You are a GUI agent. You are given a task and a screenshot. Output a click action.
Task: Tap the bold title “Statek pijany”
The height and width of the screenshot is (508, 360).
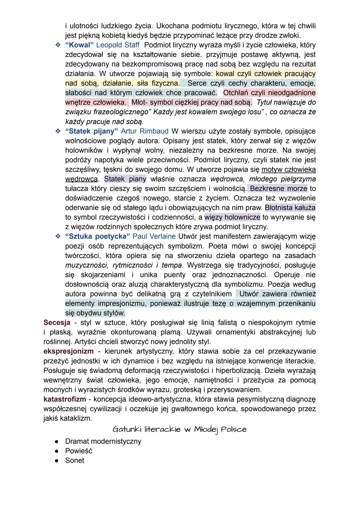pos(91,131)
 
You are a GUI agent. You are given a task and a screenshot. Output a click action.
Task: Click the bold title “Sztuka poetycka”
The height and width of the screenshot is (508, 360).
pos(97,237)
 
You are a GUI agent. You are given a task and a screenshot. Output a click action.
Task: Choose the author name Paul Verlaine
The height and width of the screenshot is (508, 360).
pos(154,237)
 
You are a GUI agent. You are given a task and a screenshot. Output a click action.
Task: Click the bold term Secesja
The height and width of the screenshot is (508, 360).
pos(57,323)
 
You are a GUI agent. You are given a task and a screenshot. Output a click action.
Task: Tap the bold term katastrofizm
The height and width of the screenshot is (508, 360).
pos(65,399)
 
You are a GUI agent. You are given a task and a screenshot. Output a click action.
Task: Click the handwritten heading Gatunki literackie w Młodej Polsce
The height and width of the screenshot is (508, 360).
pos(180,429)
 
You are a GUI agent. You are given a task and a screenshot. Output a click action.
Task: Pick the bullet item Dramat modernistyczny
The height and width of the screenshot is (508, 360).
pos(103,441)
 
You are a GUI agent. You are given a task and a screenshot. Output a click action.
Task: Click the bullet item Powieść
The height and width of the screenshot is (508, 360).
pos(79,451)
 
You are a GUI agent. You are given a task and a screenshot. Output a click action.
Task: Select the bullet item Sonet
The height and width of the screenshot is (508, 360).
pos(75,461)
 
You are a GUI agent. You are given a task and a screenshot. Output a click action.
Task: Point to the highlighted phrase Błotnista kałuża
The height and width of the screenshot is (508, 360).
pos(290,208)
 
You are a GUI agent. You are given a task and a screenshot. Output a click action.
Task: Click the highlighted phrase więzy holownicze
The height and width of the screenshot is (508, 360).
pos(232,218)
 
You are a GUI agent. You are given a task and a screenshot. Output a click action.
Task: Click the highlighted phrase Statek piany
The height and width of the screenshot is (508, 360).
pos(125,179)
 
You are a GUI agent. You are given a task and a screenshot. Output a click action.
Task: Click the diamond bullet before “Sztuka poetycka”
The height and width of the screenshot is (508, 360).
pos(58,237)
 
